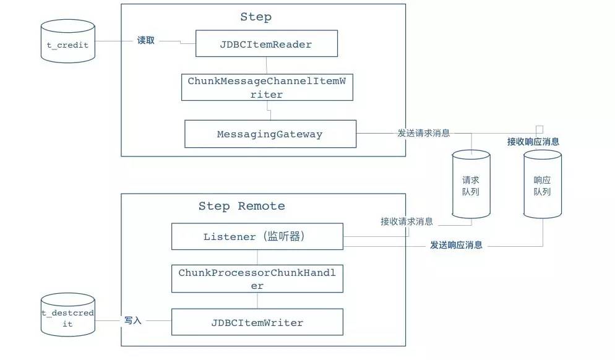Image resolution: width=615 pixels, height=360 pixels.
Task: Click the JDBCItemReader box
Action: [266, 43]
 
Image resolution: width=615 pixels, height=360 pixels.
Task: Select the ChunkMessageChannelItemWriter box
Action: [267, 87]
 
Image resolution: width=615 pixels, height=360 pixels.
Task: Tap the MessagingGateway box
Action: [270, 134]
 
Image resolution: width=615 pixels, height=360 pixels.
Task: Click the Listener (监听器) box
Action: [257, 236]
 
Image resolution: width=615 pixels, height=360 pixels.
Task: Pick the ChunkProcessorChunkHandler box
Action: [257, 279]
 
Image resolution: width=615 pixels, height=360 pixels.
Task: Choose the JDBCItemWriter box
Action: [257, 322]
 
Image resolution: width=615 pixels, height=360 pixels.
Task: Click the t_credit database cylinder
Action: [68, 41]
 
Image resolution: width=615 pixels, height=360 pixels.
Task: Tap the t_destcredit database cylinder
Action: [68, 314]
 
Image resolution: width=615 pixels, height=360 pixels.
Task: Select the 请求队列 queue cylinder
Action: [471, 184]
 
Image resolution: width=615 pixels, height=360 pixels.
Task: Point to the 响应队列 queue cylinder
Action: [543, 184]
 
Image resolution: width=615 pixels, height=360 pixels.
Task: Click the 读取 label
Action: [146, 40]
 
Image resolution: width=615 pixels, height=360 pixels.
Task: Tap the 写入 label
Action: [133, 320]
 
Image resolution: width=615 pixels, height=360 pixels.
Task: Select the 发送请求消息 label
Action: [424, 133]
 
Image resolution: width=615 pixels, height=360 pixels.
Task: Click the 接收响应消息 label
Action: [533, 142]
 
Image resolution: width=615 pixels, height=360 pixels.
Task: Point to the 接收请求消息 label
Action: [406, 221]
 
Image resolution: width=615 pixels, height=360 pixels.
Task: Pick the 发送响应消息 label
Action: [456, 245]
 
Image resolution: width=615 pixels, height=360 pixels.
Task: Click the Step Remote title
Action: [241, 206]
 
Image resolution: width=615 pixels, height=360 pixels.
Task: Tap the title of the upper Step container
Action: [256, 17]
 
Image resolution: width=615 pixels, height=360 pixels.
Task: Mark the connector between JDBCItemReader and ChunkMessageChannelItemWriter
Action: [267, 65]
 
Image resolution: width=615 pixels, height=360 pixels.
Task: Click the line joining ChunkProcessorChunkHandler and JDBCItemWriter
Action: [257, 301]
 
